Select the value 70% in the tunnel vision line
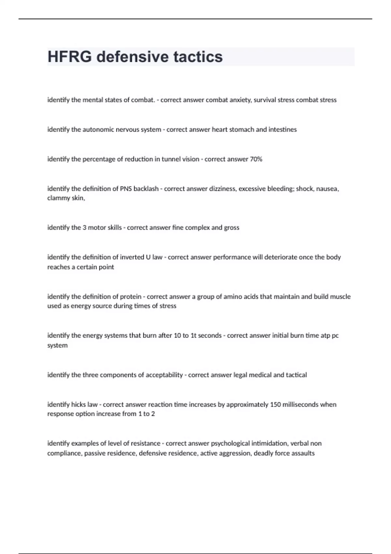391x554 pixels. coord(256,159)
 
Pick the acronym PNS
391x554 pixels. coord(126,189)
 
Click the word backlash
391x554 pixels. coord(146,189)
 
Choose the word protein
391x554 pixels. coord(131,297)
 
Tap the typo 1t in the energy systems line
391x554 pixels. coord(194,335)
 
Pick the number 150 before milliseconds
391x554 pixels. coord(275,404)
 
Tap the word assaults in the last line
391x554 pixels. coord(303,453)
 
